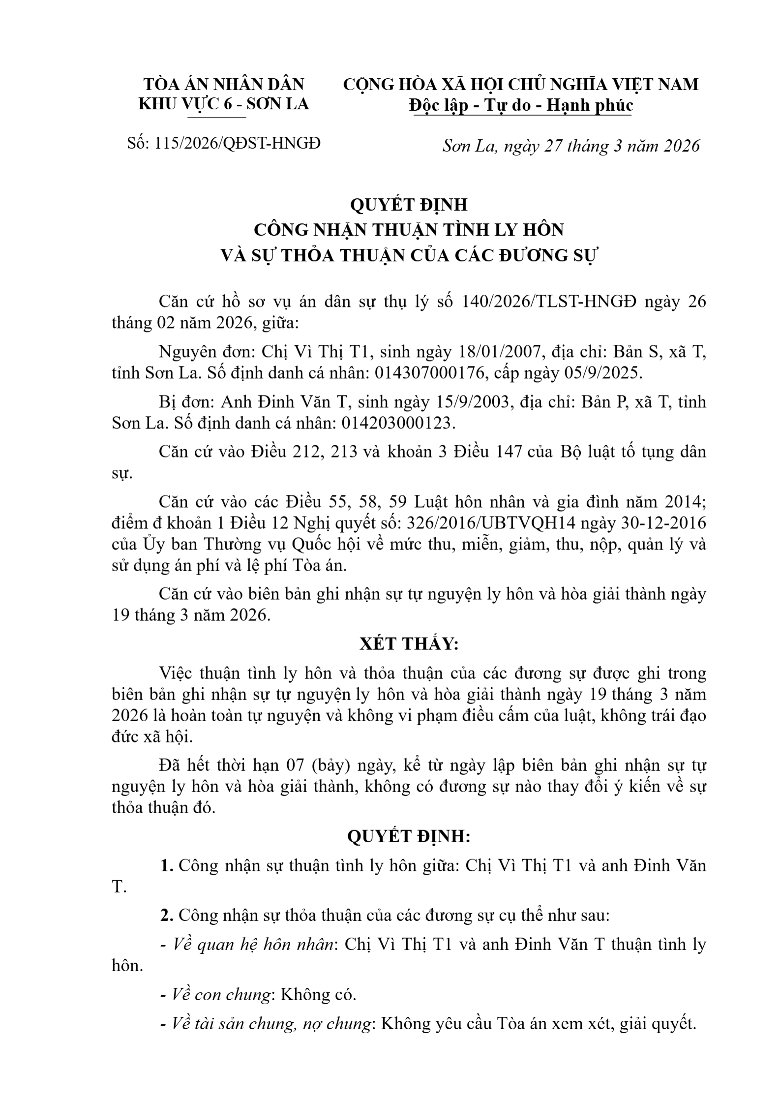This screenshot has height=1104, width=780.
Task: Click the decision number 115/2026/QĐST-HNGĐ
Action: (238, 143)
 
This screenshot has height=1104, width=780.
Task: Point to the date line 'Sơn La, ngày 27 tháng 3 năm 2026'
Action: (570, 146)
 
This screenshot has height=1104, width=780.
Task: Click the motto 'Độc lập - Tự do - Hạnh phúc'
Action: (522, 105)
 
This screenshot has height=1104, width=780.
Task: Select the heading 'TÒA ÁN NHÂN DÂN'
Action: (224, 84)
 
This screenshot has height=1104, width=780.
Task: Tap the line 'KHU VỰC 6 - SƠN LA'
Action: (224, 104)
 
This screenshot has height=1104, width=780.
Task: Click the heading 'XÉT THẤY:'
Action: (409, 644)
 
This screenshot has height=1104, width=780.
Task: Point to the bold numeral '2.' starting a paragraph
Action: (167, 916)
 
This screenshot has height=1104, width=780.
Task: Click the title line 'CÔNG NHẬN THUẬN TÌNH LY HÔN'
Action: (409, 230)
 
